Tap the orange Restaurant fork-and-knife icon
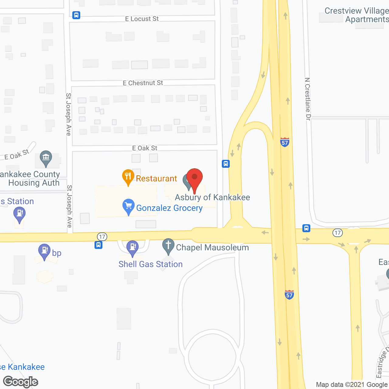[128, 177]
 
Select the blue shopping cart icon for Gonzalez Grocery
[129, 206]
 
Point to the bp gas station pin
[44, 251]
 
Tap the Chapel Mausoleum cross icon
[168, 246]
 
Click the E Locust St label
[142, 19]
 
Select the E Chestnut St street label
[143, 83]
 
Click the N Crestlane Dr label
[308, 99]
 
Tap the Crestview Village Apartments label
[356, 15]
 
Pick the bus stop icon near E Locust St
[76, 15]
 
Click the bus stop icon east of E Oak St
[225, 164]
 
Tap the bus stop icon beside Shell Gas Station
[98, 245]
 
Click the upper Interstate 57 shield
[285, 142]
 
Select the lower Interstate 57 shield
[289, 294]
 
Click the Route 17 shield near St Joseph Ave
[102, 236]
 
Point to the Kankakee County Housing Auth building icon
[46, 158]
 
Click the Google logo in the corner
[21, 381]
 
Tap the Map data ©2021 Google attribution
[352, 384]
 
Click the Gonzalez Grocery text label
[169, 208]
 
